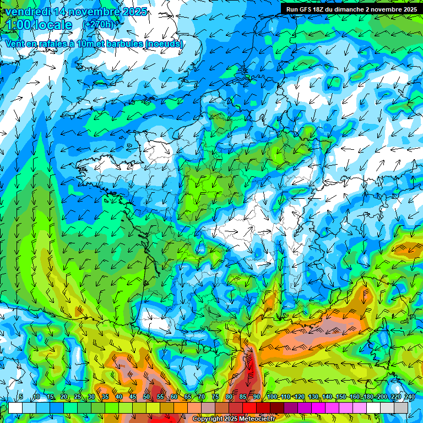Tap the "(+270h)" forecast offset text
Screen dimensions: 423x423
[99, 24]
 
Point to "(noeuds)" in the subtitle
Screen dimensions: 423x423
[164, 44]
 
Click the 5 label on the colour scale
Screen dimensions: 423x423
[21, 397]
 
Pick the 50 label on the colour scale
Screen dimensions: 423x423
[147, 397]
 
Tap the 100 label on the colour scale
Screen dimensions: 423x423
[272, 397]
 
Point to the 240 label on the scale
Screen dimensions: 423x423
[409, 397]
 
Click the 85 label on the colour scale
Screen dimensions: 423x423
[243, 397]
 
